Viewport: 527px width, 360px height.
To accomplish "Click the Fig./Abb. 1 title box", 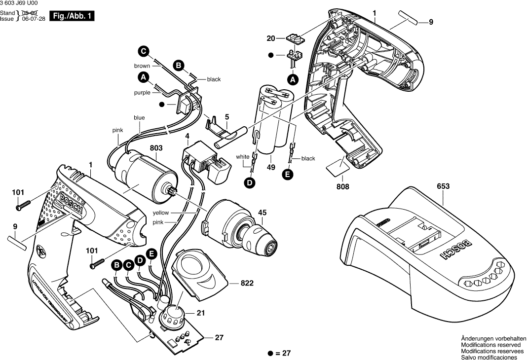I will click(x=72, y=16).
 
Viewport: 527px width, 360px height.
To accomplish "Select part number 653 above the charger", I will click(x=443, y=187).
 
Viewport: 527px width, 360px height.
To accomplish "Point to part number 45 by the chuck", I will click(x=262, y=213).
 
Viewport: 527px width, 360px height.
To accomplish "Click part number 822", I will click(x=247, y=284).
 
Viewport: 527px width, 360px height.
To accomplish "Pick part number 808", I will click(x=343, y=187).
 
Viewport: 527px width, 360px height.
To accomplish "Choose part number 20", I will click(x=270, y=38).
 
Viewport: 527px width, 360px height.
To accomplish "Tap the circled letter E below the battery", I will click(x=288, y=174).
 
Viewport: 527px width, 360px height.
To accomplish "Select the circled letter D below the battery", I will click(x=251, y=182).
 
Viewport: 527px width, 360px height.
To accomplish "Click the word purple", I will click(x=142, y=92).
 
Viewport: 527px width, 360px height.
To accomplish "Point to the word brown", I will click(x=142, y=66).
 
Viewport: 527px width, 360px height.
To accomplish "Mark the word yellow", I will click(x=160, y=213).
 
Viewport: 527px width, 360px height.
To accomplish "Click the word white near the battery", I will click(x=242, y=157).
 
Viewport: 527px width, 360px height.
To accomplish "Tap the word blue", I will click(x=139, y=118).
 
